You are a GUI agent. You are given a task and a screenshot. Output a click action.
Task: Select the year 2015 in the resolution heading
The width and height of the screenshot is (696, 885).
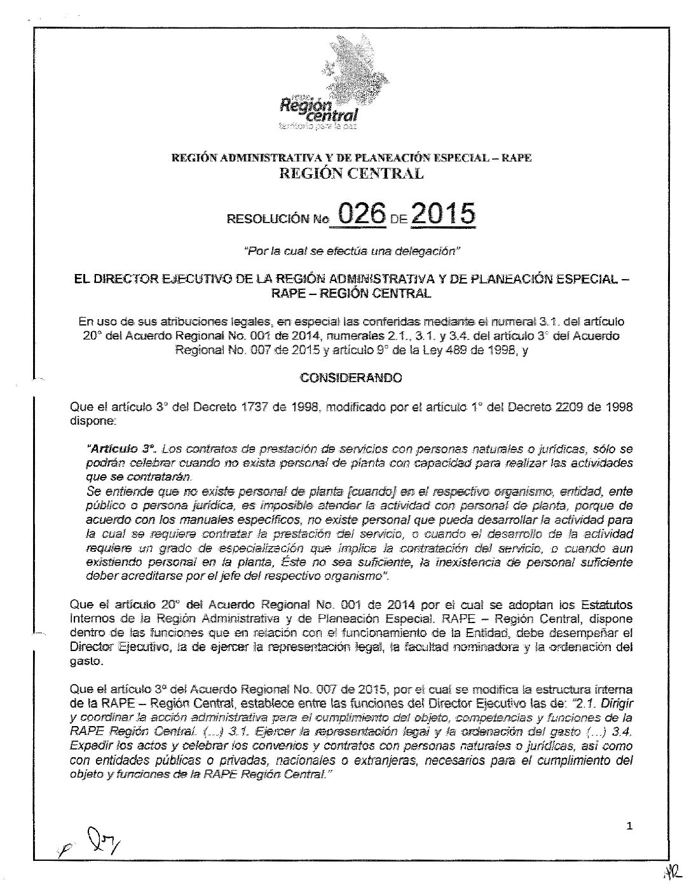[444, 214]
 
